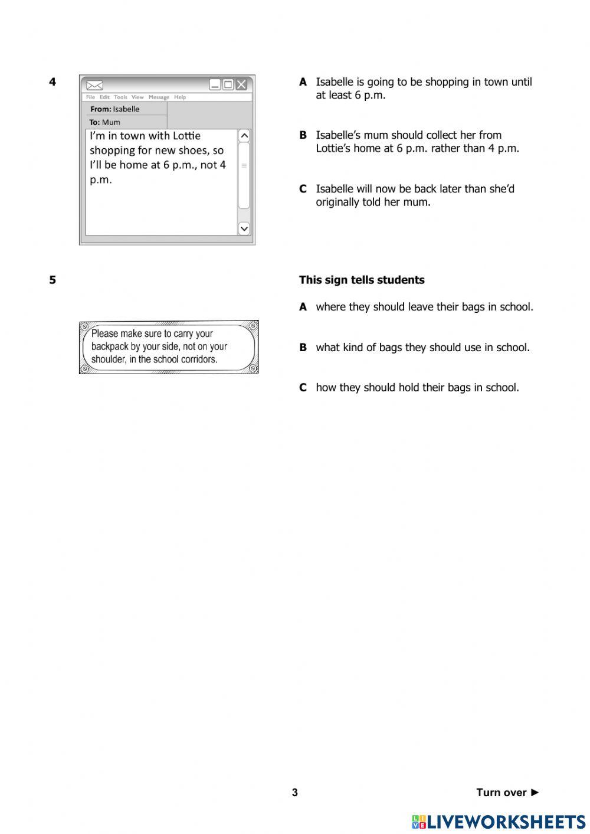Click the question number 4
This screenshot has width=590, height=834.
(53, 82)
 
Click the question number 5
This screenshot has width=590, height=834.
(53, 280)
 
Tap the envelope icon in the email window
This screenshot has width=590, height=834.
(95, 85)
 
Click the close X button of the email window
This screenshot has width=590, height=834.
(241, 84)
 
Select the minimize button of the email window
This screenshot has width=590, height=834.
(215, 84)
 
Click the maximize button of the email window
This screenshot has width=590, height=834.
(228, 84)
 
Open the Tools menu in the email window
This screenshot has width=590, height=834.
(120, 97)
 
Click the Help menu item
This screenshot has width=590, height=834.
(180, 97)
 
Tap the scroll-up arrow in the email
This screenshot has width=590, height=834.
(244, 136)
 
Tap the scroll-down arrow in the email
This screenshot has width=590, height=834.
(244, 228)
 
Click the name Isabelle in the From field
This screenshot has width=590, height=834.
(126, 109)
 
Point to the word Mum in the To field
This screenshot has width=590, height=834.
(111, 122)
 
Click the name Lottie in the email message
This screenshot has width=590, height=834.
(186, 136)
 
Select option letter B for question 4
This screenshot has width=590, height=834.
(303, 135)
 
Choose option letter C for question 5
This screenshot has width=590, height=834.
(303, 388)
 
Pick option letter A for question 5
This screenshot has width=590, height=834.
(303, 307)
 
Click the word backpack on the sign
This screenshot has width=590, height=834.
(110, 346)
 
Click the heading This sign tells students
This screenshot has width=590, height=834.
(362, 280)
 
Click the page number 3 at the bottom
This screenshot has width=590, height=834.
(295, 793)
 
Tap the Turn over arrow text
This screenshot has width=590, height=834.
(507, 793)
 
